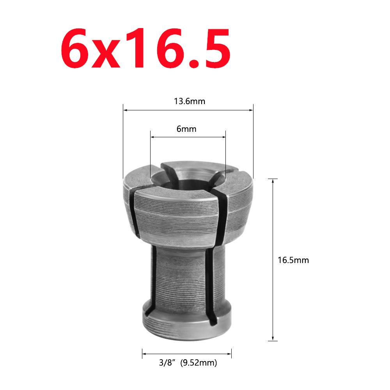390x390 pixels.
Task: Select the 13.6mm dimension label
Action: [x=189, y=102]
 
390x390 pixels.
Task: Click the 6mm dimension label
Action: [x=186, y=129]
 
